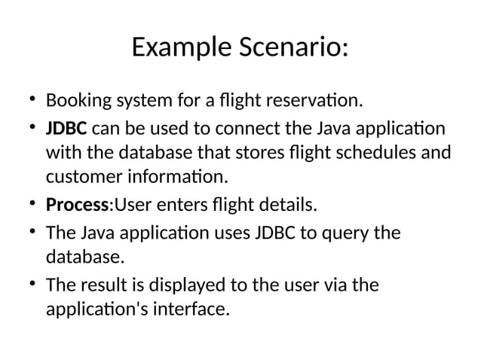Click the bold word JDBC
point(66,127)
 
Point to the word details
point(286,205)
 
